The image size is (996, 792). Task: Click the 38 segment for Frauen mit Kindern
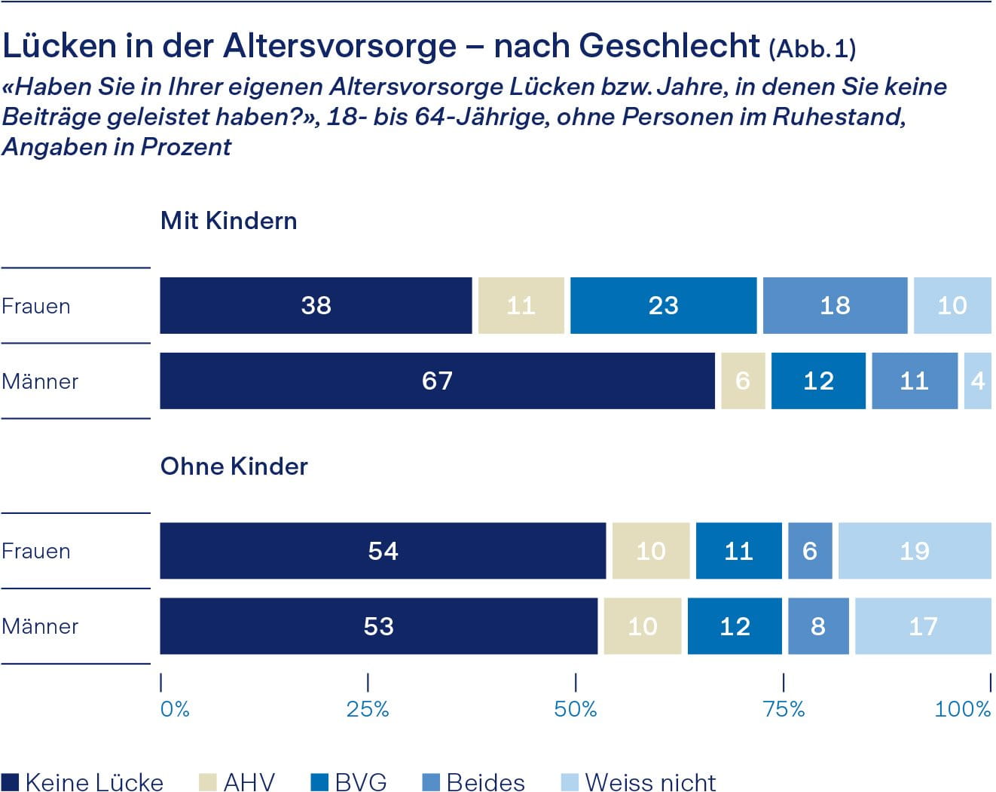pos(316,305)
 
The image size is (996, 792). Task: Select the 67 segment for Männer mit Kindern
pos(437,381)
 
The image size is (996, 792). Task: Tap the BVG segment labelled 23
pos(663,305)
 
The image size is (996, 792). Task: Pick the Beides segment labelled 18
pos(835,305)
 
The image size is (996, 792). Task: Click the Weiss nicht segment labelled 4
pos(977,381)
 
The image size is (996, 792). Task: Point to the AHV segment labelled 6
pos(743,381)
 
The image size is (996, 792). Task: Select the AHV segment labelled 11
pos(521,305)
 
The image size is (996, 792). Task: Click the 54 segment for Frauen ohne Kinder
pos(383,551)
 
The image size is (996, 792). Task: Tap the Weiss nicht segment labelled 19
pos(914,551)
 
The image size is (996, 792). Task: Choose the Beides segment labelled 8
pos(818,626)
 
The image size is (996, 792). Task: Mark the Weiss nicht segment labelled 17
pos(923,626)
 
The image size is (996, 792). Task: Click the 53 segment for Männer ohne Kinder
pos(378,626)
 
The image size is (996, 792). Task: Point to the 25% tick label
pos(368,709)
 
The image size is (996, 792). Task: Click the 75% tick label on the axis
pos(784,709)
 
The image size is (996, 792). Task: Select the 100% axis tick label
pos(962,709)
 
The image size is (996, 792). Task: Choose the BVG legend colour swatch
pos(319,782)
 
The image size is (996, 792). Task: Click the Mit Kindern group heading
pos(229,221)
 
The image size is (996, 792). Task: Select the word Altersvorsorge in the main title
pos(340,46)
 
